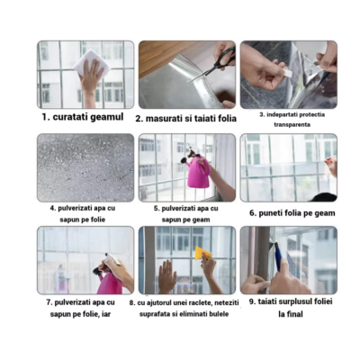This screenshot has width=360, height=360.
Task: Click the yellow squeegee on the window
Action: point(202,254)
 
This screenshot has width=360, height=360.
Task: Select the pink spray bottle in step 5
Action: point(196,172)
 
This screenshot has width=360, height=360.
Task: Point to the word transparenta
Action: point(292,124)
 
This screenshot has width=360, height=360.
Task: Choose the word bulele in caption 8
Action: point(219,314)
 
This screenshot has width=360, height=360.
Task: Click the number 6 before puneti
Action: point(253,213)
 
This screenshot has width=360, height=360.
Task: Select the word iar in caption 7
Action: point(106,314)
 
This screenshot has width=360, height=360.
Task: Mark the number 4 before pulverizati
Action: point(52,208)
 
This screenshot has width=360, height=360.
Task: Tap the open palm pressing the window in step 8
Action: point(166,276)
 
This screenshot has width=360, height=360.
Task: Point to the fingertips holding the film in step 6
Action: point(330,165)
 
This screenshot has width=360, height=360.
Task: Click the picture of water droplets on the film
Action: point(85,167)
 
